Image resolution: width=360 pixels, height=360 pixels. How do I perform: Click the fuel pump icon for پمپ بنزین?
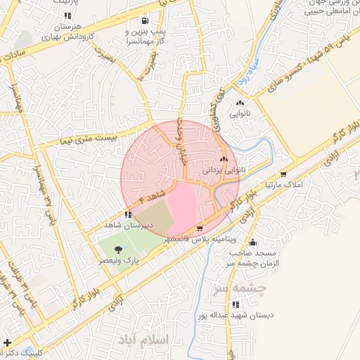[145, 20]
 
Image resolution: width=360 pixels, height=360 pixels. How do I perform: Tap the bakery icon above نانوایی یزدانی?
[224, 160]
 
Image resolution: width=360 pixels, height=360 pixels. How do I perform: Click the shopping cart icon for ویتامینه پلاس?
[200, 229]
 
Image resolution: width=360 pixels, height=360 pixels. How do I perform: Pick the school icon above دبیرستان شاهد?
[127, 215]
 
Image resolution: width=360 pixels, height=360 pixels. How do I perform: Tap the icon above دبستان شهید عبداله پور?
[236, 304]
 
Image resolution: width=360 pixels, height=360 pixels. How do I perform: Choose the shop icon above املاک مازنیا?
[283, 174]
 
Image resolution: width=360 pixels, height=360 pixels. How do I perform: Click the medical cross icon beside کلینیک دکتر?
[7, 343]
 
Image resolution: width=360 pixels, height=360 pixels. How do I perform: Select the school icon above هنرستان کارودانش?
[67, 15]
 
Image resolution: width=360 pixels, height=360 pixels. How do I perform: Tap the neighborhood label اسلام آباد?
[150, 340]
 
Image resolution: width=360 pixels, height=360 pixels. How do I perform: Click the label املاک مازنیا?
[283, 184]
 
